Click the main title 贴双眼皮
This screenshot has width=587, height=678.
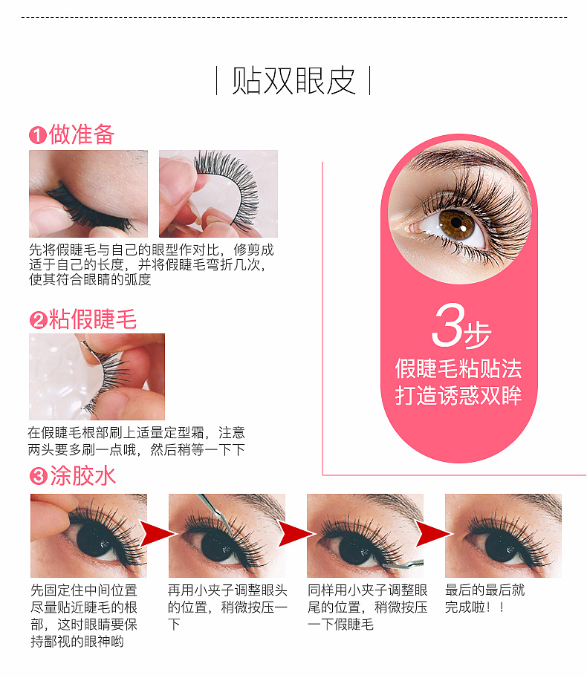coord(293,81)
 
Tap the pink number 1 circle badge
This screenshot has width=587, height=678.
coord(38,135)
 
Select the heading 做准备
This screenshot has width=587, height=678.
coord(82,134)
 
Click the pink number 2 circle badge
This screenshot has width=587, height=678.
coord(38,320)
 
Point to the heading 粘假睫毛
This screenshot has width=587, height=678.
coord(93,319)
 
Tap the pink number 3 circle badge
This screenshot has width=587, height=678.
coord(39,477)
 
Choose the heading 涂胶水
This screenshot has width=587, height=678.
coord(83,475)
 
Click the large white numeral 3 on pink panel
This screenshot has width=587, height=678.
coord(449,325)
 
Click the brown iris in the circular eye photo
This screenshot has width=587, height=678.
coord(457,224)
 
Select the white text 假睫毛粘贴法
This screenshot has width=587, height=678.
coord(458,369)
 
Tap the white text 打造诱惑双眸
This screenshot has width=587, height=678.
coord(458,395)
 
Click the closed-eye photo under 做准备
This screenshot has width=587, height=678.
coord(88,194)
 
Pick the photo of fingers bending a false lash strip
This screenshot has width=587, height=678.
coord(218,194)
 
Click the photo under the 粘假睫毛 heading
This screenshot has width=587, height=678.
coord(97,377)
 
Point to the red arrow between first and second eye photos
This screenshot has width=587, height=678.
coord(158,534)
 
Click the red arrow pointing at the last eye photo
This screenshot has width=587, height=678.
coord(434,534)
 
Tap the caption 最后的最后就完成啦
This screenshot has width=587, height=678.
coord(484,599)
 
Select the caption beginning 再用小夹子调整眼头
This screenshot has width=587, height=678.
coord(227,607)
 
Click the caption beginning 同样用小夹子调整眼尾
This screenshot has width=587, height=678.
coord(367,607)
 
